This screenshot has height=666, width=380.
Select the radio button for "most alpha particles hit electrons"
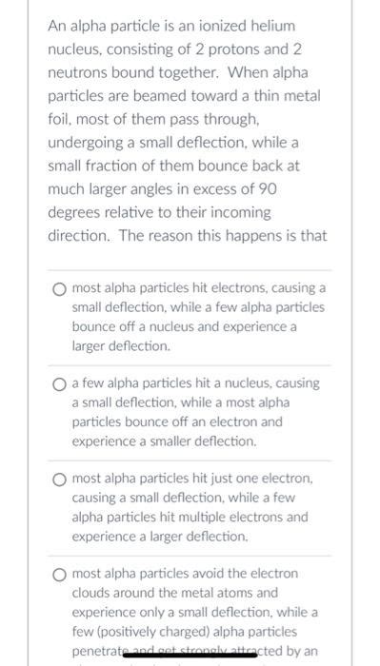point(60,287)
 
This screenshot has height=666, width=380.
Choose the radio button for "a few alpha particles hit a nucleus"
point(60,383)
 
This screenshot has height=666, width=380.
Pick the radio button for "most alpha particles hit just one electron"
point(60,479)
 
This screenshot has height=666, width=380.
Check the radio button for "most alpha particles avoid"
point(60,574)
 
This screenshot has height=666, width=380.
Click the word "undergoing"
point(92,143)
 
